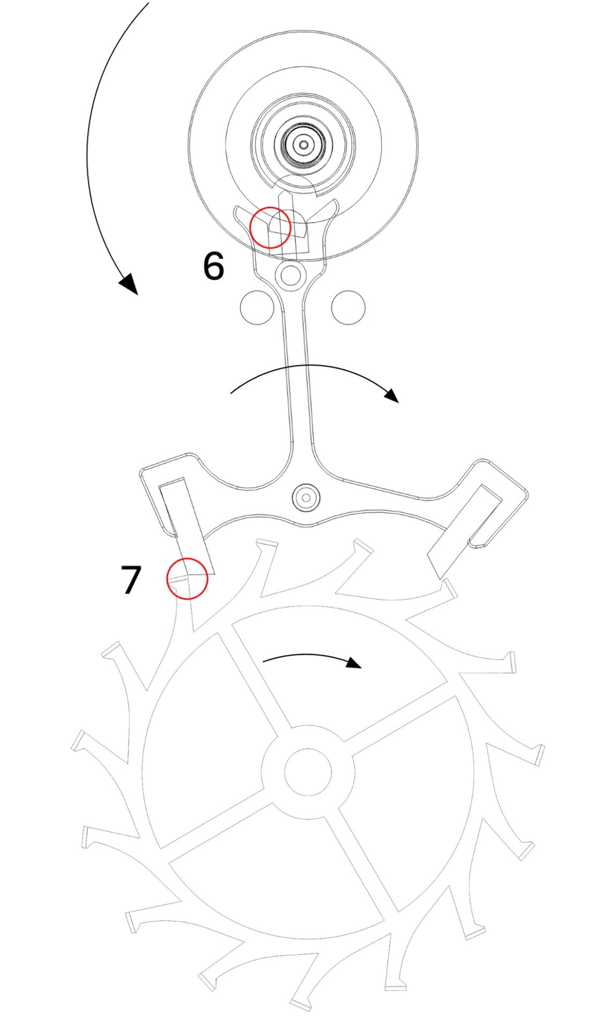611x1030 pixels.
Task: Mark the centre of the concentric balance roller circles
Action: pos(304,144)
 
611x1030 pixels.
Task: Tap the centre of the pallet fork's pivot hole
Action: pos(305,497)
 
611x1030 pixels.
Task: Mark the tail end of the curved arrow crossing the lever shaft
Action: pos(230,394)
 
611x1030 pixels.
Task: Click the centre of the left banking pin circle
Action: pos(257,307)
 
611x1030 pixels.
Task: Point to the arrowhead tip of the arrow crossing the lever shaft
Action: pos(399,402)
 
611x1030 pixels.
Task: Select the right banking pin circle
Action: pos(348,307)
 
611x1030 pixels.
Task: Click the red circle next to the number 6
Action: pos(270,227)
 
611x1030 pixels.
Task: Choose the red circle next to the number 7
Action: pos(187,578)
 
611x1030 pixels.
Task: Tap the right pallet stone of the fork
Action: pos(464,531)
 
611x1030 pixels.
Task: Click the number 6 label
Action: pos(213,266)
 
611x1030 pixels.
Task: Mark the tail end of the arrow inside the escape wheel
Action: pos(263,661)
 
